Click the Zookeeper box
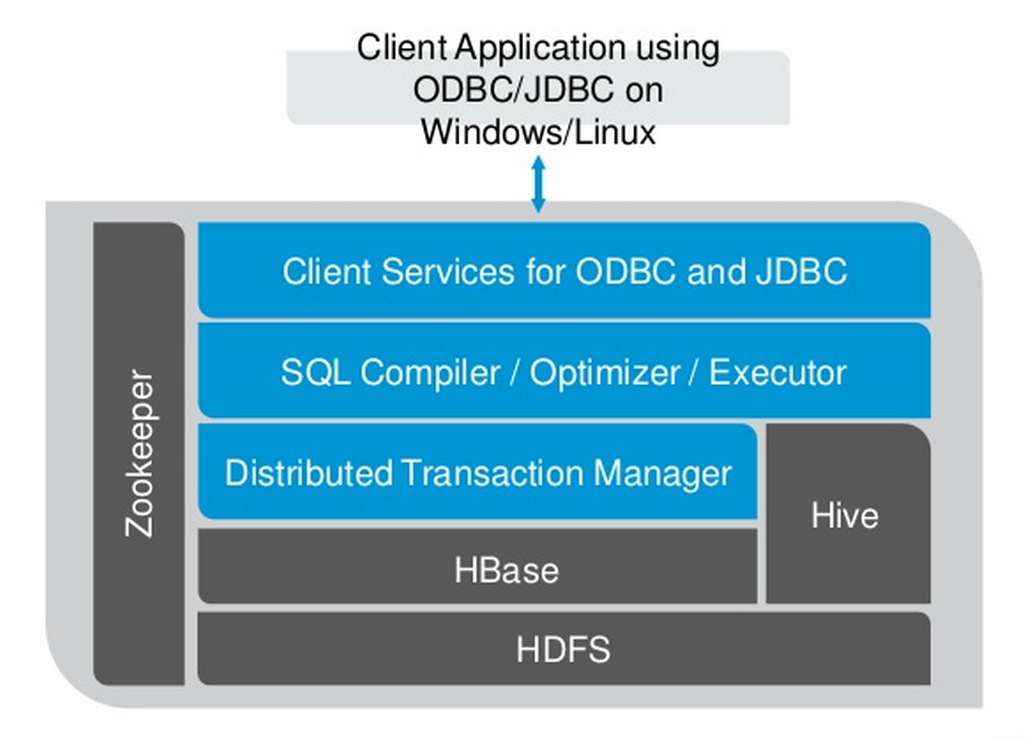pyautogui.click(x=139, y=453)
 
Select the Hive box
pyautogui.click(x=848, y=513)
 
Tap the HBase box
pyautogui.click(x=478, y=567)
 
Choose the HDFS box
pyautogui.click(x=564, y=649)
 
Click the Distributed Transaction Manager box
pyautogui.click(x=478, y=471)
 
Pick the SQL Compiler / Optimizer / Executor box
pyautogui.click(x=564, y=370)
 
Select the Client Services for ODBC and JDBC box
pyautogui.click(x=564, y=271)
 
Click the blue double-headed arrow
pyautogui.click(x=538, y=184)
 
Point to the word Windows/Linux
pyautogui.click(x=538, y=131)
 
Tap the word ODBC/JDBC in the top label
pyautogui.click(x=513, y=90)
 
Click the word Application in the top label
pyautogui.click(x=539, y=49)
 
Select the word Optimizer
pyautogui.click(x=604, y=372)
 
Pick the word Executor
pyautogui.click(x=777, y=372)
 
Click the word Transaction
pyautogui.click(x=491, y=472)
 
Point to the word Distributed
pyautogui.click(x=309, y=472)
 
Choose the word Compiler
pyautogui.click(x=430, y=372)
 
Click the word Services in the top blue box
pyautogui.click(x=448, y=271)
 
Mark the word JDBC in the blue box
pyautogui.click(x=801, y=271)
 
